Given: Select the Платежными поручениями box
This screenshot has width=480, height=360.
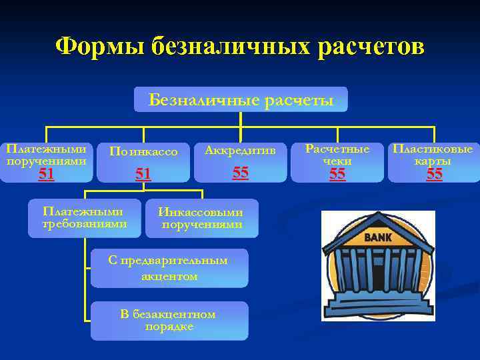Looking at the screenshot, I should [x=46, y=155].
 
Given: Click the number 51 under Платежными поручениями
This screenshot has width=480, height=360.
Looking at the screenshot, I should [x=46, y=174].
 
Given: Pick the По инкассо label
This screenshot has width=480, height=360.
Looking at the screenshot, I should [x=143, y=152].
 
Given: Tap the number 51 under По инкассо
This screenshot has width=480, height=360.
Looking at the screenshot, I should [x=143, y=174].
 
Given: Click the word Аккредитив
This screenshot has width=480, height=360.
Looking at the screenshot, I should [x=240, y=151].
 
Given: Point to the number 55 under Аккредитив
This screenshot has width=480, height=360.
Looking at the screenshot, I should [x=240, y=173].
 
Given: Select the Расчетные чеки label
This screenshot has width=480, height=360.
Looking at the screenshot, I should [x=337, y=155].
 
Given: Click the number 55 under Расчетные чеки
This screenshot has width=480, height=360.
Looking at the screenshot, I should [x=337, y=174].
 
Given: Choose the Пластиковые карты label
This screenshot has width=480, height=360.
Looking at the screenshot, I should [x=433, y=155].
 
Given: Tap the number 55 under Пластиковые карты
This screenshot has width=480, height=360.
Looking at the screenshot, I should [x=434, y=174].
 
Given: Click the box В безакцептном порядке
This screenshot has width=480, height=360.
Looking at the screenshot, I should [x=169, y=320].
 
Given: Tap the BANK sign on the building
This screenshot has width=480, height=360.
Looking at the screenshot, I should [x=378, y=237].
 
